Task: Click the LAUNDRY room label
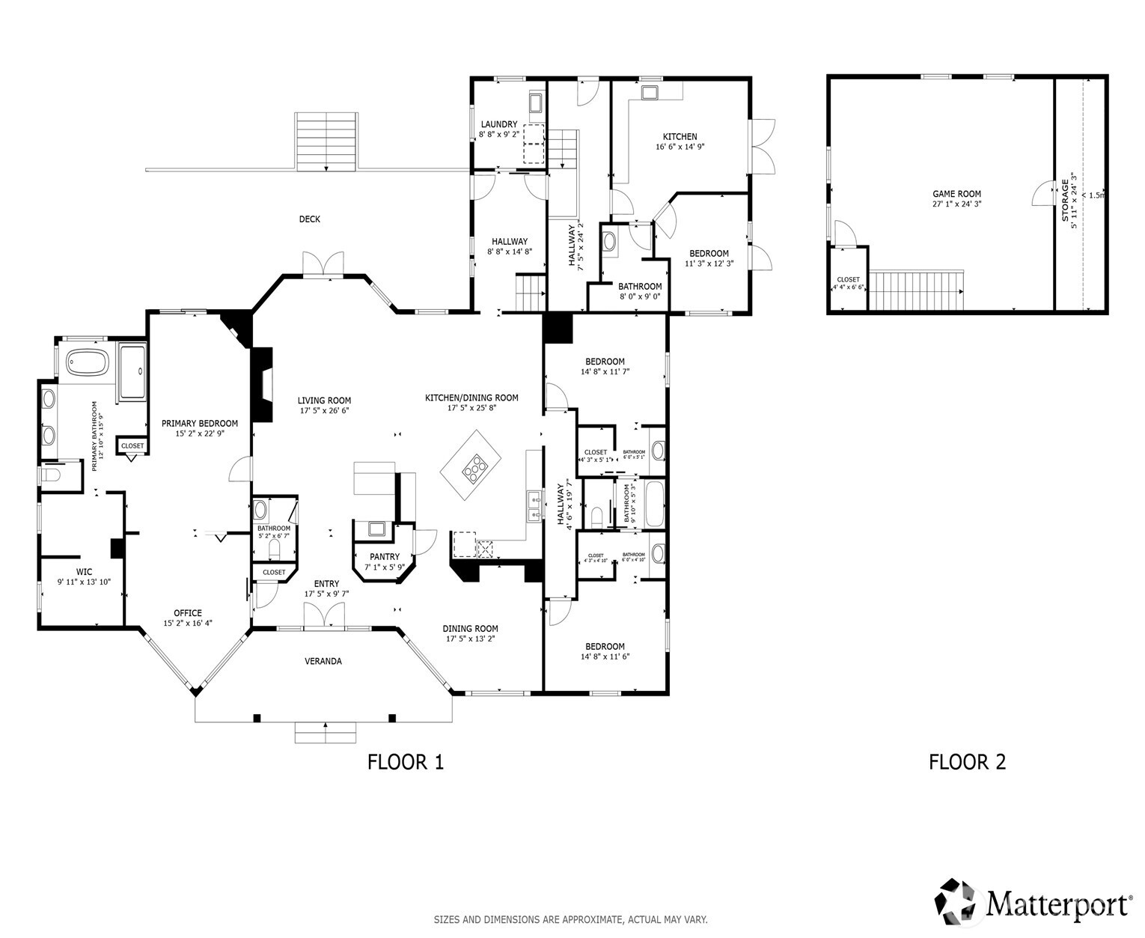tap(499, 124)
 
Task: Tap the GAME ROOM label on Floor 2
tap(956, 194)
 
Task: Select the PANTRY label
tap(385, 557)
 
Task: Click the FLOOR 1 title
tap(406, 762)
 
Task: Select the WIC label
tap(84, 571)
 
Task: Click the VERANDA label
tap(323, 661)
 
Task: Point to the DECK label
tap(310, 219)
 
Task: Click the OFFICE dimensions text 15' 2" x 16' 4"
tap(188, 623)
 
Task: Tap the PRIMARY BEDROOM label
tap(200, 424)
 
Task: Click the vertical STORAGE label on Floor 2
tap(1065, 200)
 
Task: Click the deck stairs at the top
tap(326, 141)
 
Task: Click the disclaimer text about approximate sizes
tap(570, 919)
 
